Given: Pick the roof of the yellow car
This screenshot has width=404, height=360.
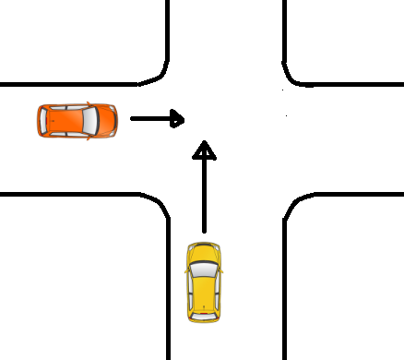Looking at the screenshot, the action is (x=204, y=290).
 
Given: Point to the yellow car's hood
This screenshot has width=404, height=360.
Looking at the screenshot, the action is (x=204, y=252).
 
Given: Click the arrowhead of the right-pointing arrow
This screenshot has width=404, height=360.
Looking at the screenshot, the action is (x=177, y=118).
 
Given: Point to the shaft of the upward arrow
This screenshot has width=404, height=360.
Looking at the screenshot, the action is (x=205, y=194).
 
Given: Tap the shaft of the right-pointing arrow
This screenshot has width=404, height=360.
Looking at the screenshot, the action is (x=148, y=118).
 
